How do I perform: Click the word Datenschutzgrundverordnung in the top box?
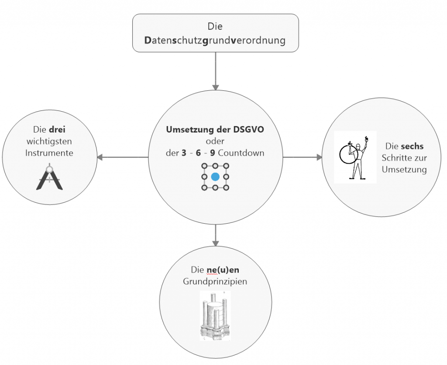pyautogui.click(x=215, y=41)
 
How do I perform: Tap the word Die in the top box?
pyautogui.click(x=215, y=27)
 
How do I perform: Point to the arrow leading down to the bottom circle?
pyautogui.click(x=215, y=235)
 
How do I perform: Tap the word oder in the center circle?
pyautogui.click(x=215, y=142)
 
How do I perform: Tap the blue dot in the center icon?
pyautogui.click(x=215, y=177)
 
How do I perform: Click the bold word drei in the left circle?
pyautogui.click(x=56, y=130)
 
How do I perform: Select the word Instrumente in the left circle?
pyautogui.click(x=49, y=153)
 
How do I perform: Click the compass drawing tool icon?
pyautogui.click(x=49, y=177)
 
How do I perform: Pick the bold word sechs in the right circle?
pyautogui.click(x=412, y=146)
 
